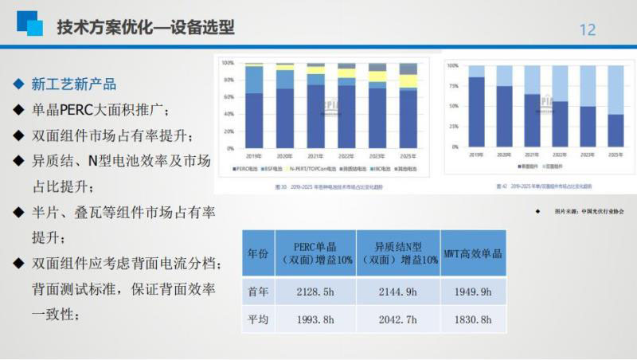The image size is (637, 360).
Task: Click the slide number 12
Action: pyautogui.click(x=587, y=29)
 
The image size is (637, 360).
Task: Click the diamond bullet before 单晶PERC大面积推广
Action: pyautogui.click(x=18, y=109)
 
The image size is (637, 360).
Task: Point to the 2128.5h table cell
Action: pyautogui.click(x=314, y=291)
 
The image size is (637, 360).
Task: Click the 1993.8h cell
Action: pyautogui.click(x=314, y=319)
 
